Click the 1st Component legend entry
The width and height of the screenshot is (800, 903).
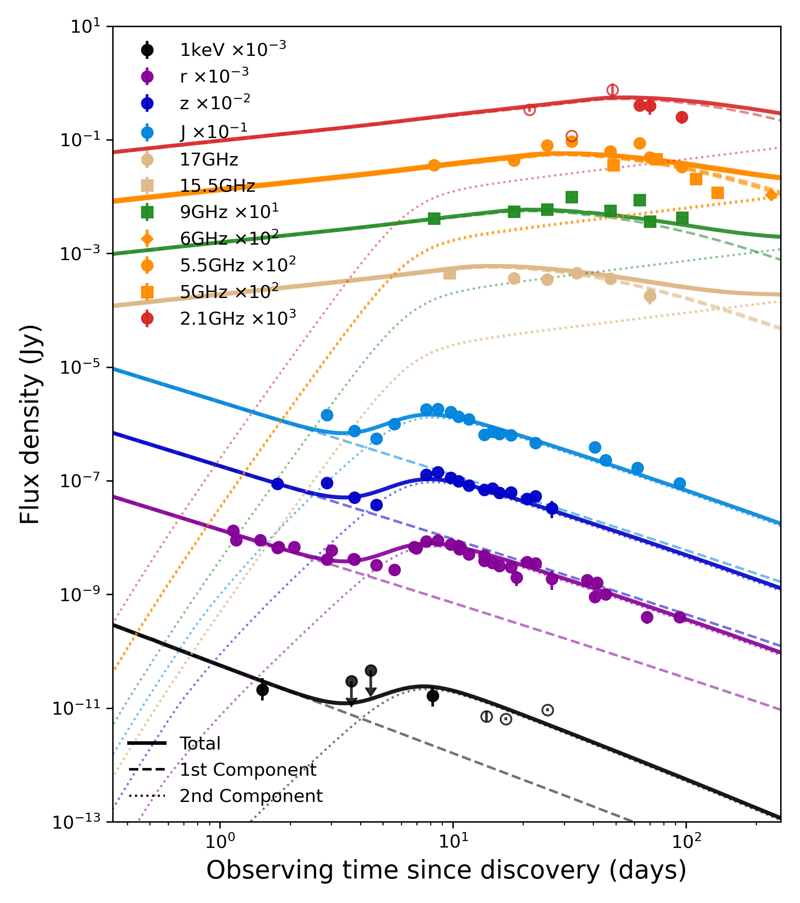point(247,770)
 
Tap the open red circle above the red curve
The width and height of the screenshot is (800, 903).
point(612,90)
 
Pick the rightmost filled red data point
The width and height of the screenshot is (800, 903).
point(682,117)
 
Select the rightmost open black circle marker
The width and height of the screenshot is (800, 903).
point(548,710)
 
